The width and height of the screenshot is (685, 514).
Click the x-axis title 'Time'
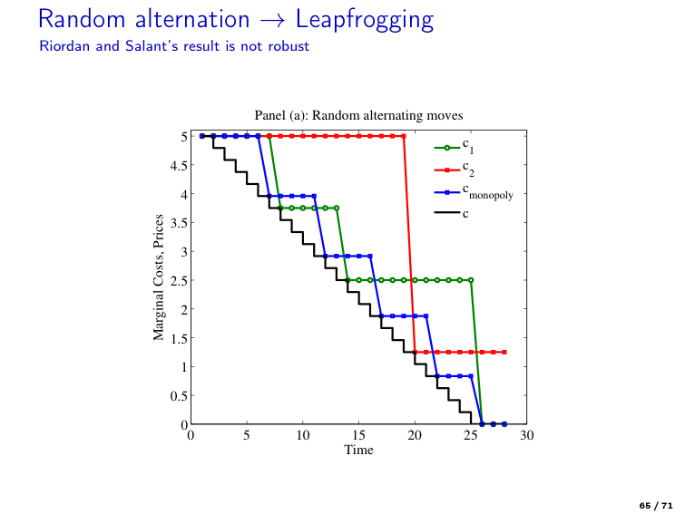point(358,450)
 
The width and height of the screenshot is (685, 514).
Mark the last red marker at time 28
point(504,352)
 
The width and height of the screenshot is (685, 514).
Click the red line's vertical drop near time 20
point(409,245)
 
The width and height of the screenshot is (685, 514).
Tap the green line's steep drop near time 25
point(476,354)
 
